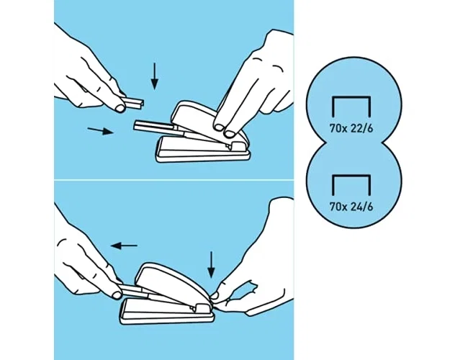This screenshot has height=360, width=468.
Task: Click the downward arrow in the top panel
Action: click(x=154, y=76)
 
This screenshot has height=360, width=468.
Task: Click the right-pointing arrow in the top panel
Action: click(x=101, y=130)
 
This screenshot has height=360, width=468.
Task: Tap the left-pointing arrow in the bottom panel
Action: click(x=124, y=246)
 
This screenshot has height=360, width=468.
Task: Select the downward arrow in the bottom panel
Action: click(x=211, y=265)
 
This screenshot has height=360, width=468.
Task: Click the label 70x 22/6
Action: click(x=351, y=128)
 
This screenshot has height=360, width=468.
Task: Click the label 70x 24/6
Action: click(x=351, y=207)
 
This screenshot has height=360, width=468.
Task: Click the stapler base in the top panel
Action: click(x=203, y=149)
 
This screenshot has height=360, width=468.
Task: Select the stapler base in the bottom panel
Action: click(x=167, y=311)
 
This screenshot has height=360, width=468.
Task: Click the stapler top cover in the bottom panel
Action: click(x=173, y=282)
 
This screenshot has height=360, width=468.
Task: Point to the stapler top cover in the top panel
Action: click(x=206, y=120)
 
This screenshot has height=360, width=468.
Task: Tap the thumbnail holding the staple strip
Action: click(x=120, y=108)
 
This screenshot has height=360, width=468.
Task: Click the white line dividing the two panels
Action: click(x=174, y=180)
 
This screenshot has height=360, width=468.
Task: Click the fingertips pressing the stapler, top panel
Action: click(x=225, y=130)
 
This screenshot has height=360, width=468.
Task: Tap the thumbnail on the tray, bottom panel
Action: click(x=116, y=295)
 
